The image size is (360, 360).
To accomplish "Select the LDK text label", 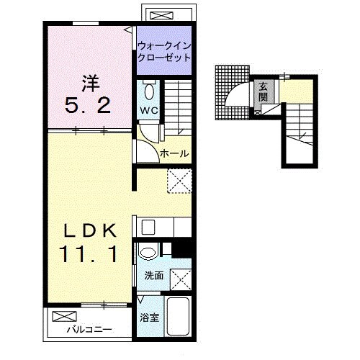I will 91,231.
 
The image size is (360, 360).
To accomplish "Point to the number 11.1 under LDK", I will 91,255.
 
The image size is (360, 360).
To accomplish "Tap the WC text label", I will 148,112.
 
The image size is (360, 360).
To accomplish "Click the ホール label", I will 174,153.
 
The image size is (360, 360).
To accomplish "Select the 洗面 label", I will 153,275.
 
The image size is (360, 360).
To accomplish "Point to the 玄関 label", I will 264,91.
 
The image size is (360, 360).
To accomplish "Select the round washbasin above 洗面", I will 148,252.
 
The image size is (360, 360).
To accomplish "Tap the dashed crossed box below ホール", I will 178,180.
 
